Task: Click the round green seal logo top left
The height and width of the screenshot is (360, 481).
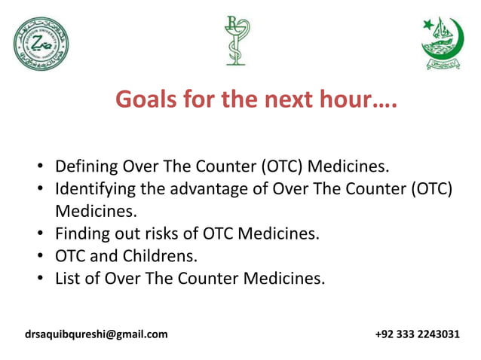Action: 41,43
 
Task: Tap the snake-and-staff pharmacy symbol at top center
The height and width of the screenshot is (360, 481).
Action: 235,40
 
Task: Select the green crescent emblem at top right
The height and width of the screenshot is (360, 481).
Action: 442,43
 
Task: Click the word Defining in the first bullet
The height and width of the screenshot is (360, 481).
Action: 87,166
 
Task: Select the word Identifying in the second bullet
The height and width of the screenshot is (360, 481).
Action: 96,188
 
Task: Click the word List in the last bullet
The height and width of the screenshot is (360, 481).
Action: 68,279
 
